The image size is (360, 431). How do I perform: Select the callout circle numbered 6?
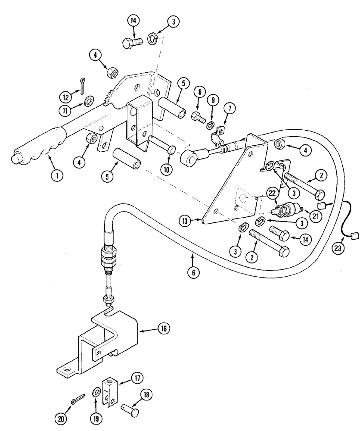click(x=194, y=272)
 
